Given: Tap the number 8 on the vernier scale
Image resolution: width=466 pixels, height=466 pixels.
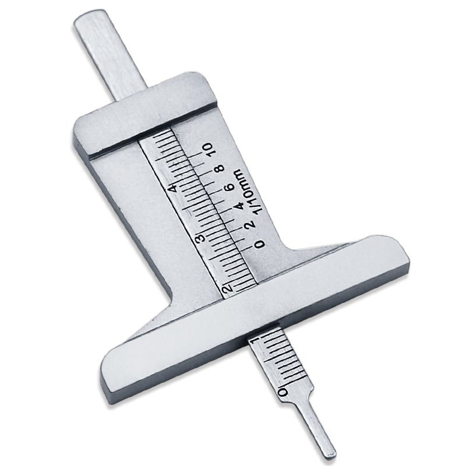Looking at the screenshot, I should click(x=220, y=168).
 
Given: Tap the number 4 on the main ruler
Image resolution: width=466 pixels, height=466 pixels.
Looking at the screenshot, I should click(x=171, y=188).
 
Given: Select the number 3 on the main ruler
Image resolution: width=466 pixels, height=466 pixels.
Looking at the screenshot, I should click(x=199, y=238).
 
